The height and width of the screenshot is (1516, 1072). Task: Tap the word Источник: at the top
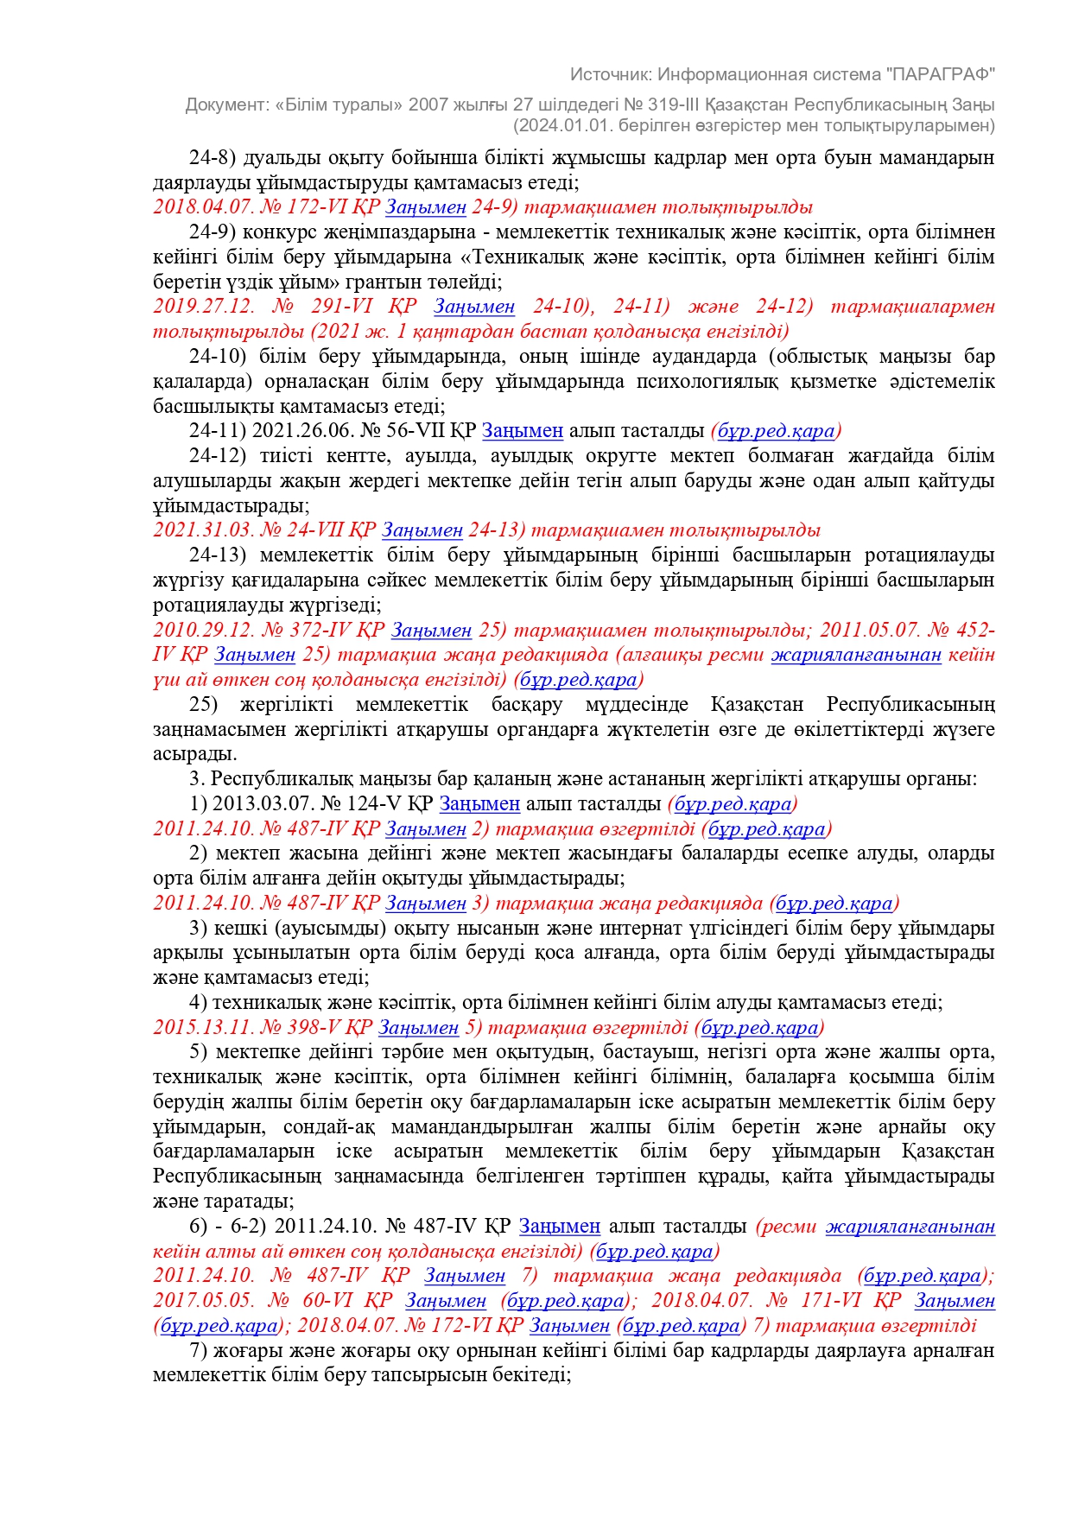point(607,74)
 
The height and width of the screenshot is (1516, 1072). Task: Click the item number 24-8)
point(212,158)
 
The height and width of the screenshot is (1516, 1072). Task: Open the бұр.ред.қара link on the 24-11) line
point(777,431)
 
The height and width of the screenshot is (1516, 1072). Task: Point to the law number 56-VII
point(409,431)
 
